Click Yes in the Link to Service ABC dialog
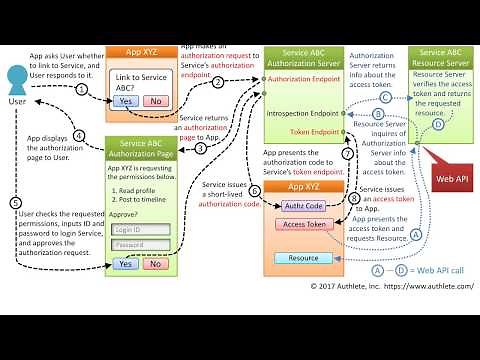125,101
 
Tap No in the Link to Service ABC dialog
155,101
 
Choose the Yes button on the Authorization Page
125,264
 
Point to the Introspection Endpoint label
303,113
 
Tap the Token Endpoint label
313,132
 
